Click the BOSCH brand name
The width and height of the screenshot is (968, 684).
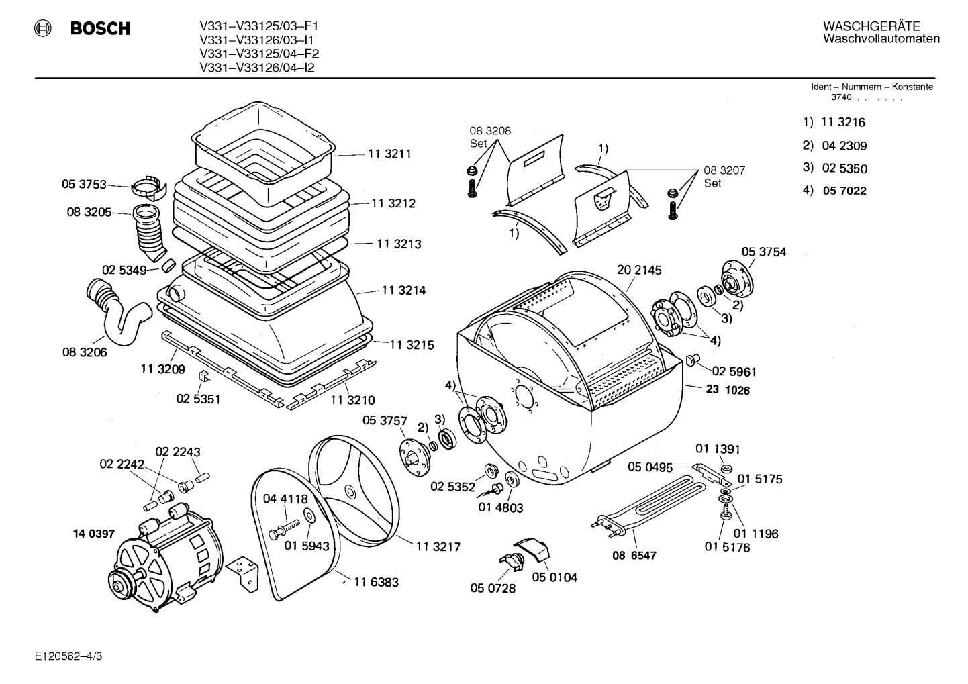click(x=100, y=29)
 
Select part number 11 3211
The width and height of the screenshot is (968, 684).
click(x=389, y=154)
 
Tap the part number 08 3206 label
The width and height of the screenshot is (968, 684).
click(x=85, y=352)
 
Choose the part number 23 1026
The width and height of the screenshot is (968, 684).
click(x=728, y=390)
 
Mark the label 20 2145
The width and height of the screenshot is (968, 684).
click(x=639, y=270)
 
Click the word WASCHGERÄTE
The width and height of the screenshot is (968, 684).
click(x=871, y=26)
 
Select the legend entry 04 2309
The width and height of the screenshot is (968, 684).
click(x=844, y=146)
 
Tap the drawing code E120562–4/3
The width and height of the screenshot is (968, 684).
click(x=68, y=656)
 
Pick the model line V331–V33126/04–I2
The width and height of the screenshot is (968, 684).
click(x=256, y=68)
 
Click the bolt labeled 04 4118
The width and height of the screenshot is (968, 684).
click(x=284, y=530)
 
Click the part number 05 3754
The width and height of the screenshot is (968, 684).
click(x=764, y=252)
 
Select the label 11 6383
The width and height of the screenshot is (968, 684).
click(x=376, y=582)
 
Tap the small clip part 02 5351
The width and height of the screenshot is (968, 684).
click(x=203, y=377)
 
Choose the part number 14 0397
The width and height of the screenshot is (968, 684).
click(x=94, y=534)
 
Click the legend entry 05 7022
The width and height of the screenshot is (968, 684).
click(x=844, y=191)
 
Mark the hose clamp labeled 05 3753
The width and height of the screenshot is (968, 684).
click(x=148, y=189)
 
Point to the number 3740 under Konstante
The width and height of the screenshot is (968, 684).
click(x=841, y=97)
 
